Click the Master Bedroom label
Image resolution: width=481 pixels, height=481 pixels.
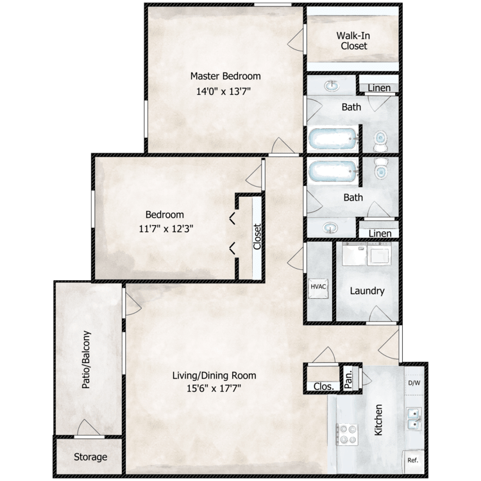(226, 76)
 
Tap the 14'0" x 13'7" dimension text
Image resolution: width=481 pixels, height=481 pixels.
(224, 91)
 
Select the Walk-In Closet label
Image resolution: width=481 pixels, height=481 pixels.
(353, 41)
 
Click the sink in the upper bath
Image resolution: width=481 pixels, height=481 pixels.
(332, 85)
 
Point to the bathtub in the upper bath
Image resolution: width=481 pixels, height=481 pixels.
(333, 139)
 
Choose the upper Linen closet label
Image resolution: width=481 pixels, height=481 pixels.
(379, 88)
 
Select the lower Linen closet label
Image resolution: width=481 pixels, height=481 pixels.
(380, 233)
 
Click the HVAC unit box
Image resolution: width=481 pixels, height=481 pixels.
(318, 288)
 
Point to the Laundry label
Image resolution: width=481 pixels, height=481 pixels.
(367, 291)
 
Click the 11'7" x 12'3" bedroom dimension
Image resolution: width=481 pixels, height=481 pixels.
(166, 229)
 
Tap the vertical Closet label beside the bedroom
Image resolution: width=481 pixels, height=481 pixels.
(257, 237)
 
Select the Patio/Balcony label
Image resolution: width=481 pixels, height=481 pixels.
(86, 360)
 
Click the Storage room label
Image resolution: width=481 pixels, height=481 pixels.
(90, 457)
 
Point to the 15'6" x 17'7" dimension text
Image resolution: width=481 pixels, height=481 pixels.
(214, 389)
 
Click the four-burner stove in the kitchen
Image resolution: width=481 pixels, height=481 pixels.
(347, 434)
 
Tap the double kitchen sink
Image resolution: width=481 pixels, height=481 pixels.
(414, 418)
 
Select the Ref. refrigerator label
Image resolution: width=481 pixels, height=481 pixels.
(413, 460)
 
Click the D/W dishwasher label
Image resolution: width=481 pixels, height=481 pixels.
(414, 383)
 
